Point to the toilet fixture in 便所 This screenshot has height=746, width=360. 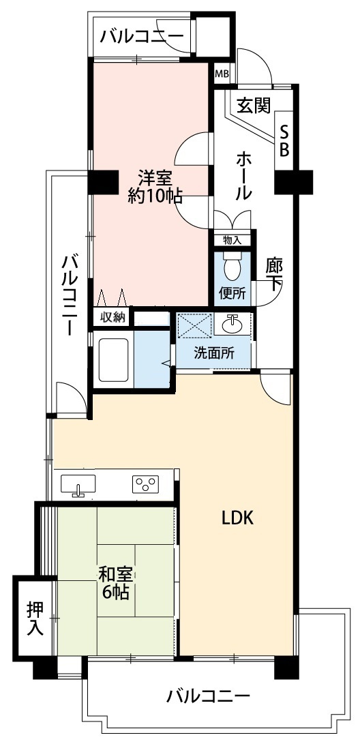tap(232, 267)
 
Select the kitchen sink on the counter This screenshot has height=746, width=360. tap(78, 485)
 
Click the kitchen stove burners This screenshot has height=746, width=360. tap(145, 485)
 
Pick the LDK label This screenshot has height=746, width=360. tap(237, 518)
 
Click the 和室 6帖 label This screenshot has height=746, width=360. tap(113, 583)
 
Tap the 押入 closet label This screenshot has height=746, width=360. tap(34, 618)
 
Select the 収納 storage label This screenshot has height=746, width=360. tap(112, 317)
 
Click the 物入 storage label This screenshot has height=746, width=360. tap(232, 239)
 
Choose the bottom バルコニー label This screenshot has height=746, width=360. tap(209, 696)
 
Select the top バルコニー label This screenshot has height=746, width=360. tap(142, 36)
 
